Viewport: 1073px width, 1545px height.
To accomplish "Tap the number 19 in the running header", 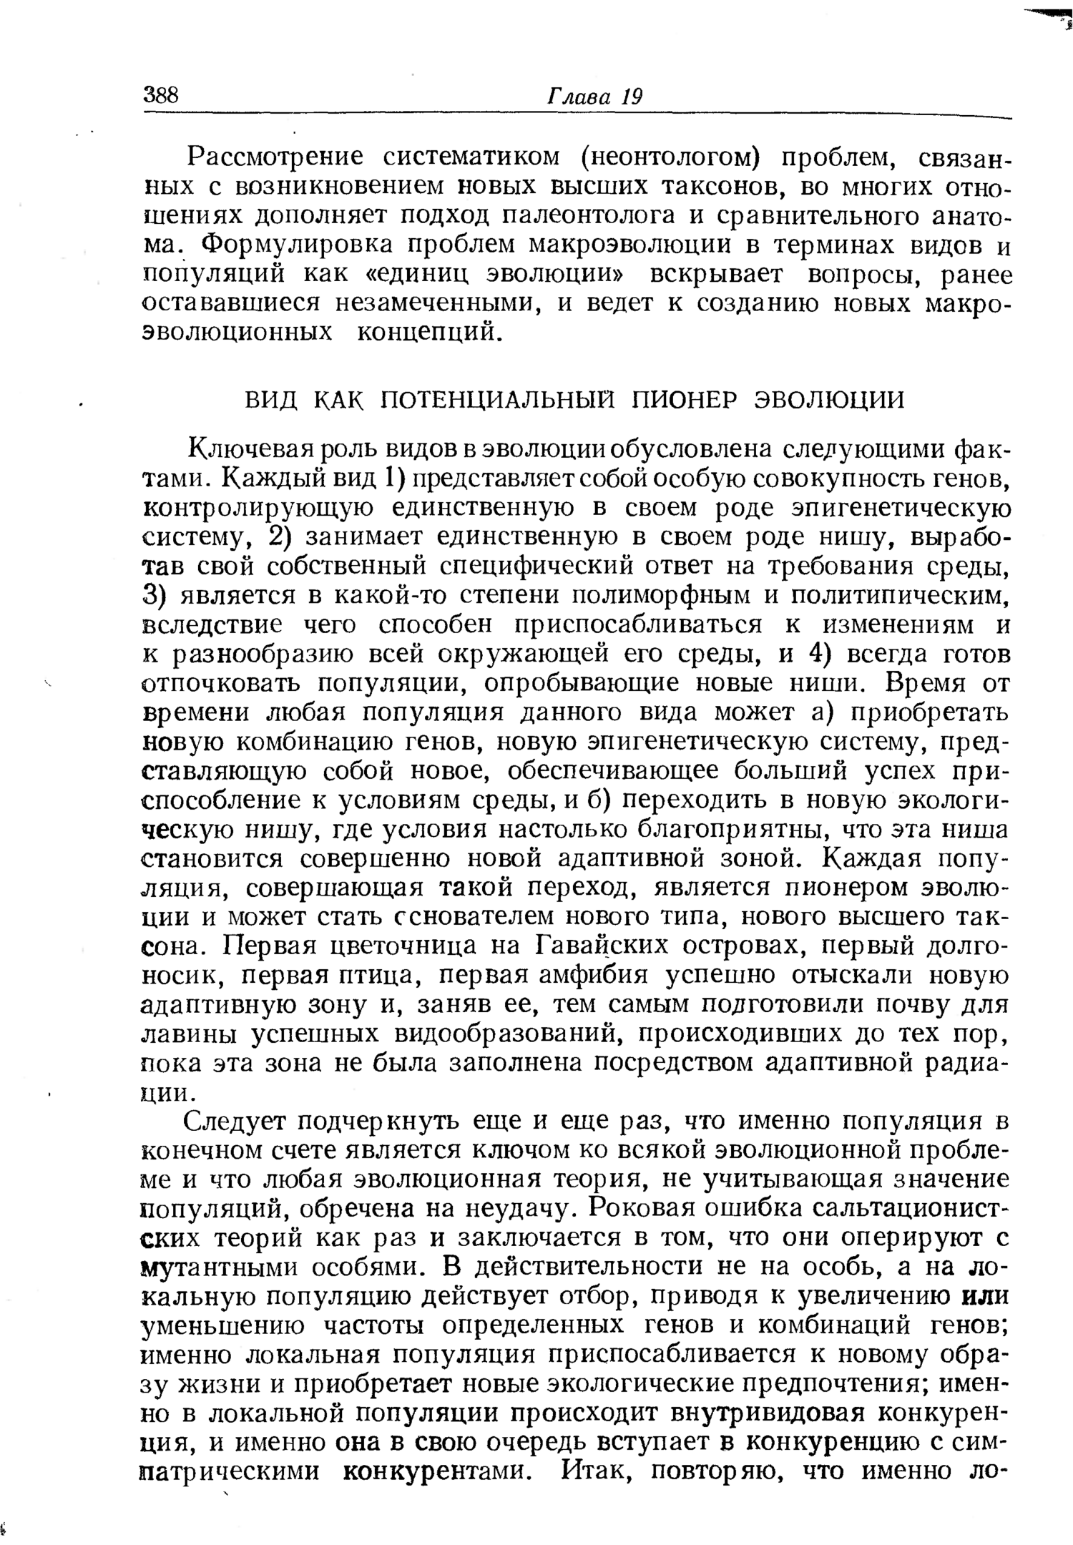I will (631, 96).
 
